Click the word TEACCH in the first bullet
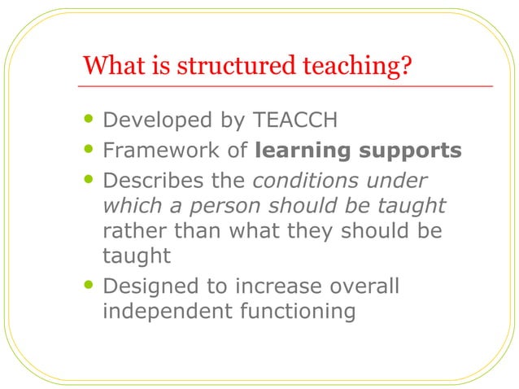click(x=297, y=121)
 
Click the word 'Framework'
click(x=152, y=151)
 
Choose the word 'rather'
click(x=130, y=231)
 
